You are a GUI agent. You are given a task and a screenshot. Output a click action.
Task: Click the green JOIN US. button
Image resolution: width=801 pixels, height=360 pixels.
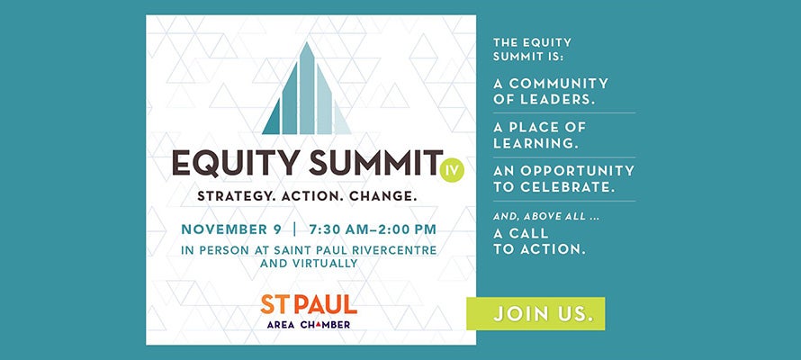pyautogui.click(x=535, y=314)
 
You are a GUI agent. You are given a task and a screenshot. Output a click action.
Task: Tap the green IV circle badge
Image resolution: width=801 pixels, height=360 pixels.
pyautogui.click(x=453, y=167)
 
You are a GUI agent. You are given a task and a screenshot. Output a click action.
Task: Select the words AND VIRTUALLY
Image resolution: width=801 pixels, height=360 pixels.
pyautogui.click(x=309, y=264)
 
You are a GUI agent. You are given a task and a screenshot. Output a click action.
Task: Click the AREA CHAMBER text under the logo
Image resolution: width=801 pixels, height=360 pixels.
pyautogui.click(x=309, y=324)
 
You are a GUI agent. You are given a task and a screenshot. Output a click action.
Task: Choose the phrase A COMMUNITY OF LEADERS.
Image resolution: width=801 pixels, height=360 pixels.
pyautogui.click(x=551, y=91)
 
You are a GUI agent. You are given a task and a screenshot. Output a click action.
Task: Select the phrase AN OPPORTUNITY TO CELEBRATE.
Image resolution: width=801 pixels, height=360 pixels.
pyautogui.click(x=563, y=178)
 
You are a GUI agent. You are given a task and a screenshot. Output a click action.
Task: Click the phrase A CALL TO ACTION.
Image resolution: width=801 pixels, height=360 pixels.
pyautogui.click(x=540, y=240)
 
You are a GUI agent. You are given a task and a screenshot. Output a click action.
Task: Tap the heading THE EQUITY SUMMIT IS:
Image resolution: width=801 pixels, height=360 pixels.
pyautogui.click(x=533, y=49)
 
